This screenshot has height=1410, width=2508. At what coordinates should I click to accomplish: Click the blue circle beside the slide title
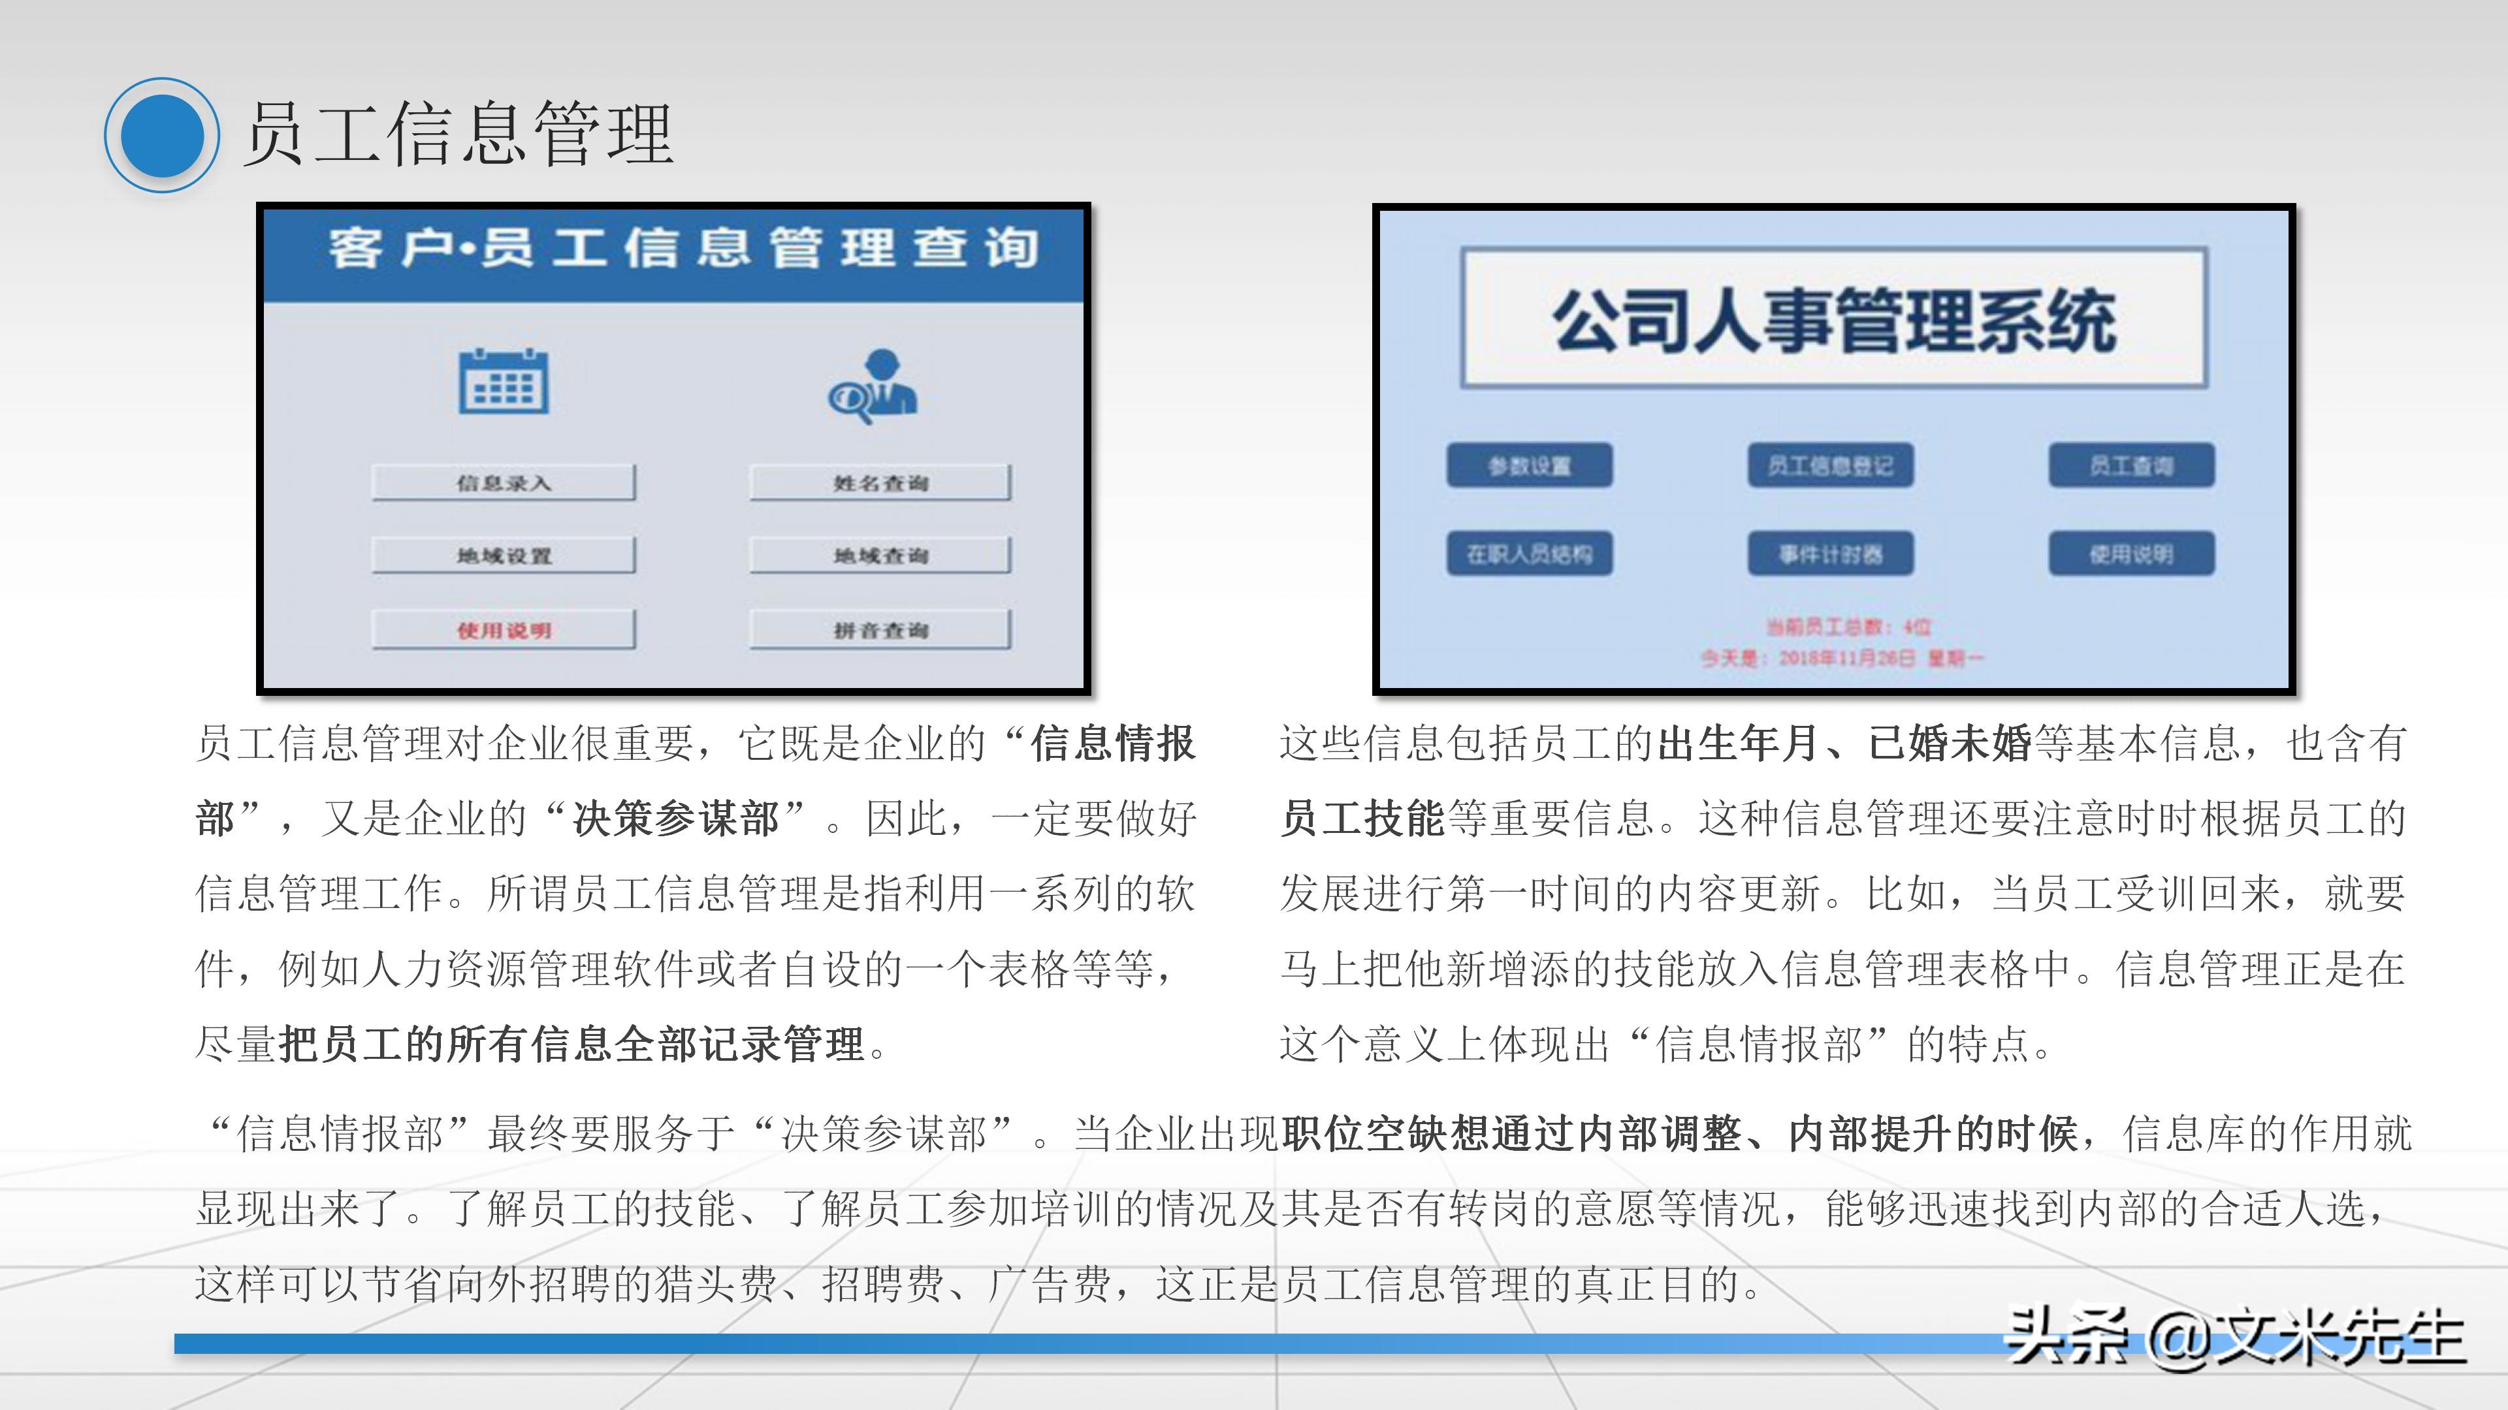pyautogui.click(x=161, y=135)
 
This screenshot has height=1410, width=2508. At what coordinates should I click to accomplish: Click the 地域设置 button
pyautogui.click(x=504, y=556)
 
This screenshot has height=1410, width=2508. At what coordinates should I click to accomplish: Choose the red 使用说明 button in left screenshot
pyautogui.click(x=504, y=629)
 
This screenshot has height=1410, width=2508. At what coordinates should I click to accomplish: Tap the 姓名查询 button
pyautogui.click(x=880, y=482)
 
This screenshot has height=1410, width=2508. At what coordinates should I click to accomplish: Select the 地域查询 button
pyautogui.click(x=880, y=556)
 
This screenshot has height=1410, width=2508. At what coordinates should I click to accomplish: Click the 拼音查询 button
pyautogui.click(x=880, y=629)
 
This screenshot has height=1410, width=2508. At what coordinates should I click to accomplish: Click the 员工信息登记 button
pyautogui.click(x=1830, y=466)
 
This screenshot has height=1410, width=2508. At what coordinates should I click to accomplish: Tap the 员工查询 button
pyautogui.click(x=2131, y=466)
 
